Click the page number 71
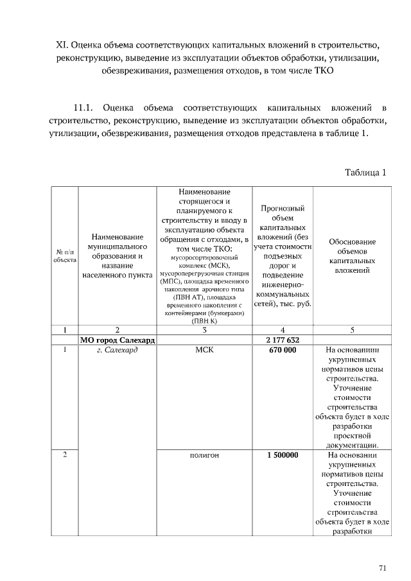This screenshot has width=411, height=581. [x=382, y=568]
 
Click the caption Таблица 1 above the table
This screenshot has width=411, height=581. [x=365, y=173]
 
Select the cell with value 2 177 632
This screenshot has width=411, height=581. [x=283, y=340]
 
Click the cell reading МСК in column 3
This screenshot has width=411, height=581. [x=204, y=351]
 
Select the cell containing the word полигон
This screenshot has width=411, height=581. [x=204, y=455]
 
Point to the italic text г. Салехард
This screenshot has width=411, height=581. [x=118, y=351]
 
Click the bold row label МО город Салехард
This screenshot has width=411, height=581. [x=118, y=340]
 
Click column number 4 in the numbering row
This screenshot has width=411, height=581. [x=283, y=329]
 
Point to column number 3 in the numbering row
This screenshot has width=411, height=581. [x=204, y=329]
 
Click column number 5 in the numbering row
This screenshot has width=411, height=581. [x=352, y=329]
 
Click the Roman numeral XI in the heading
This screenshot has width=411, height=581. [x=62, y=46]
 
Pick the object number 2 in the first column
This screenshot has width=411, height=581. [x=64, y=455]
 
